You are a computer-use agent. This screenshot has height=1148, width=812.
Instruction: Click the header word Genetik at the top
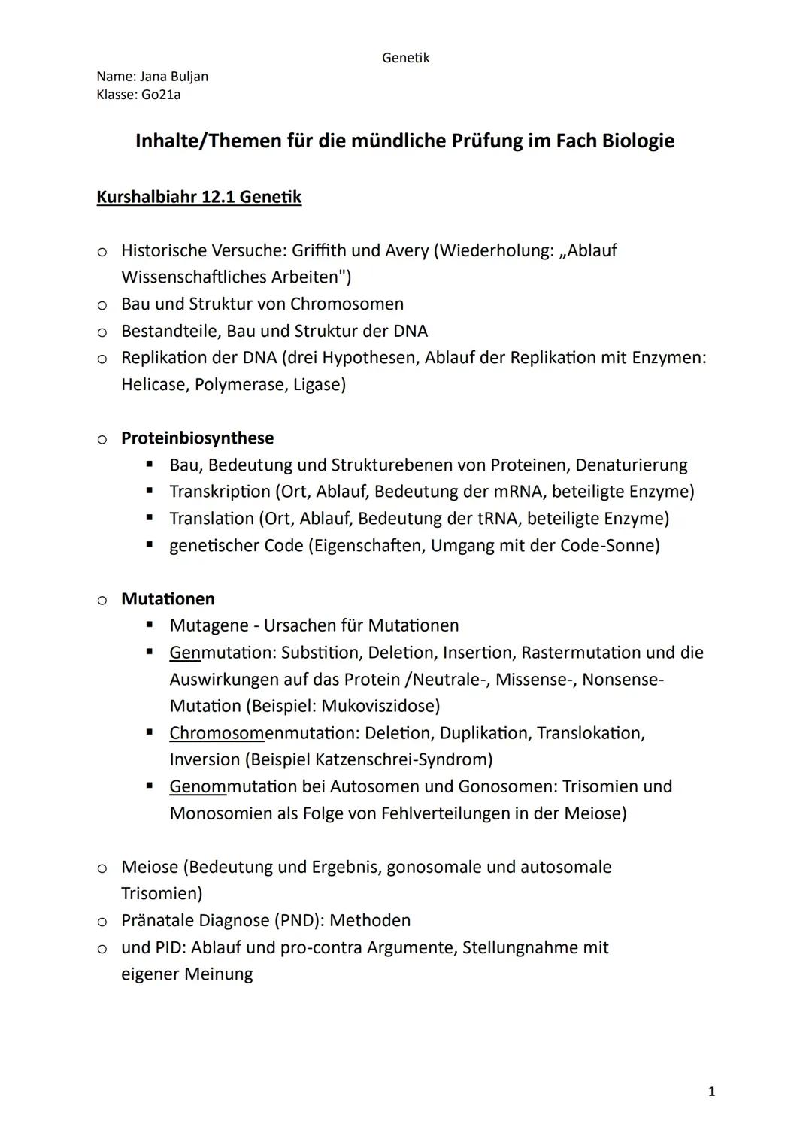tap(405, 58)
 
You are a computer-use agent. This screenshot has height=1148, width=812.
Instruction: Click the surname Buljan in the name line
tap(190, 77)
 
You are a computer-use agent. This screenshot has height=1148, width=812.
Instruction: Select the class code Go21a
tap(161, 95)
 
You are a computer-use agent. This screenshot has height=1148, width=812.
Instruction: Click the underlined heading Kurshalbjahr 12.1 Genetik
tap(198, 197)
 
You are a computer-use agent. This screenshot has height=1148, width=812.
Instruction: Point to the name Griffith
tap(320, 250)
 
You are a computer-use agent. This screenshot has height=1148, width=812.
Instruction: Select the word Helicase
tap(154, 384)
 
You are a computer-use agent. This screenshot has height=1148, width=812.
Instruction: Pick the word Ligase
tap(319, 384)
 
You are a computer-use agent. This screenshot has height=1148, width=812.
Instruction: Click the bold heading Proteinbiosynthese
tap(197, 438)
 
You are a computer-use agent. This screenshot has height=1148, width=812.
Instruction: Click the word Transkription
tap(220, 492)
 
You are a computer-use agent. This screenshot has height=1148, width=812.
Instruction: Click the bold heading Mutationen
tap(168, 598)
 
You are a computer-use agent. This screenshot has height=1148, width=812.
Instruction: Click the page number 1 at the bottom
tap(711, 1092)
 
